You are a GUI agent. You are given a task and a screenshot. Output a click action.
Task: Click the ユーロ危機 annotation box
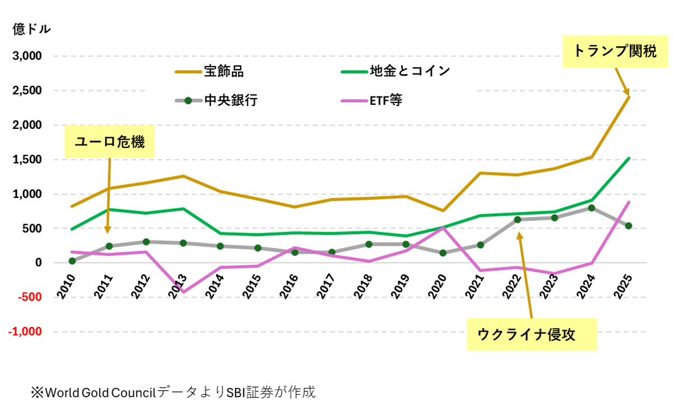coord(109,142)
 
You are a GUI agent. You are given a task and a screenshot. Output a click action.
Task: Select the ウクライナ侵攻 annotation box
coord(532,335)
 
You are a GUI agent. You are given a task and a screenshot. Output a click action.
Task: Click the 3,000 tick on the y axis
coord(27,56)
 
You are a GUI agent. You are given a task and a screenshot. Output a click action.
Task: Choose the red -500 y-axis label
coord(30,297)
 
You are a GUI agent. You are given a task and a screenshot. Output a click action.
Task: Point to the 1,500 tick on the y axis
coord(27,160)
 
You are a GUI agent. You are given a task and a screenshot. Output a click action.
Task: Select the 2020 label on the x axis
coord(438,287)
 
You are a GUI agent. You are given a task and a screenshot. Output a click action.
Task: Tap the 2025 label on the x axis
coord(623,287)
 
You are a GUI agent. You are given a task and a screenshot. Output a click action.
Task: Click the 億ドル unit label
coord(31,29)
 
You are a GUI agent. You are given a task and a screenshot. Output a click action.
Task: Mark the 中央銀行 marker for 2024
coord(592,208)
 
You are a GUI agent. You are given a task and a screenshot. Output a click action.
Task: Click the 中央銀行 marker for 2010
coord(72,261)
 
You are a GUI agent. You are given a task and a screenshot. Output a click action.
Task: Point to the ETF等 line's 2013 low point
coord(183,292)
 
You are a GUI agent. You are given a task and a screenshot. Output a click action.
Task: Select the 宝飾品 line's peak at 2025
coord(629,97)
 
